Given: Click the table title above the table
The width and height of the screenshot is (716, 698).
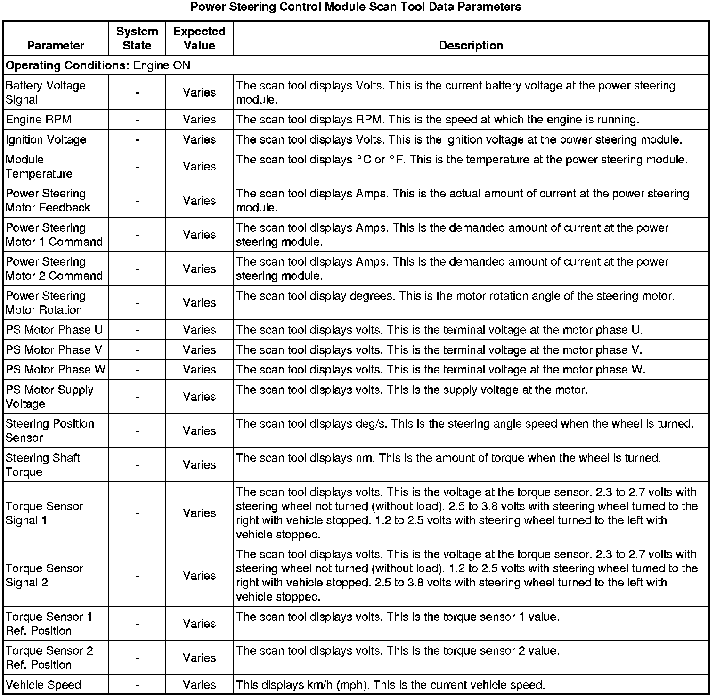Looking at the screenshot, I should [356, 7].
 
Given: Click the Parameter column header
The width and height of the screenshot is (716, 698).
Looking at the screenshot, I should [56, 45].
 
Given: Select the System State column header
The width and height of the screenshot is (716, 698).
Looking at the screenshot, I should [137, 39].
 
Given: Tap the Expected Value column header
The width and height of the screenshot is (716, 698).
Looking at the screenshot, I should [199, 39].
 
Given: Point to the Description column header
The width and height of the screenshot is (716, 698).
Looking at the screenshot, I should [471, 45].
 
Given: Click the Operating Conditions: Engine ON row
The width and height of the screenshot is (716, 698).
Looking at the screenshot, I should [98, 65].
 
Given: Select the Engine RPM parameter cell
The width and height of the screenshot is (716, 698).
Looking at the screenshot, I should [39, 120].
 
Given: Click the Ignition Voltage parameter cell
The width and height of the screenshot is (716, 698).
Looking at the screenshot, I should [46, 140].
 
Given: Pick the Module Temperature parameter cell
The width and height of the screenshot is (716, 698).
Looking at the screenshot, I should [39, 167].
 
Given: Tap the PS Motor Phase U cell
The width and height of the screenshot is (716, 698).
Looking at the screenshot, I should [54, 330].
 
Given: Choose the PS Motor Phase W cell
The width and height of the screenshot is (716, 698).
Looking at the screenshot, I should [56, 370].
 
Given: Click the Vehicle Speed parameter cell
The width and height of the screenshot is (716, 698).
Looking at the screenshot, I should [43, 685].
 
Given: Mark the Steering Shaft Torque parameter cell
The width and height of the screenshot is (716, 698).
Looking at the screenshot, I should [43, 465].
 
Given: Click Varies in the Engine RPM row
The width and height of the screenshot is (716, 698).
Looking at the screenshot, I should [199, 120].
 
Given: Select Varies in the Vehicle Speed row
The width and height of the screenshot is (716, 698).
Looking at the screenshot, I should [199, 685].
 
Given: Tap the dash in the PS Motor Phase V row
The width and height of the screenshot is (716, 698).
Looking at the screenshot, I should [137, 350].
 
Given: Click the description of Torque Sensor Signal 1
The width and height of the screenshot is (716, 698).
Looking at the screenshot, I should [466, 513].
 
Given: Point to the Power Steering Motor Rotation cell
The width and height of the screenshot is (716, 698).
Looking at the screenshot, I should [46, 303].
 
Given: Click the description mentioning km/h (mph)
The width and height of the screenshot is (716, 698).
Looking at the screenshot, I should [391, 685].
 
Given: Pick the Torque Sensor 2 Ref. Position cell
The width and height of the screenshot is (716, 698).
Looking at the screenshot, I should [49, 658].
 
